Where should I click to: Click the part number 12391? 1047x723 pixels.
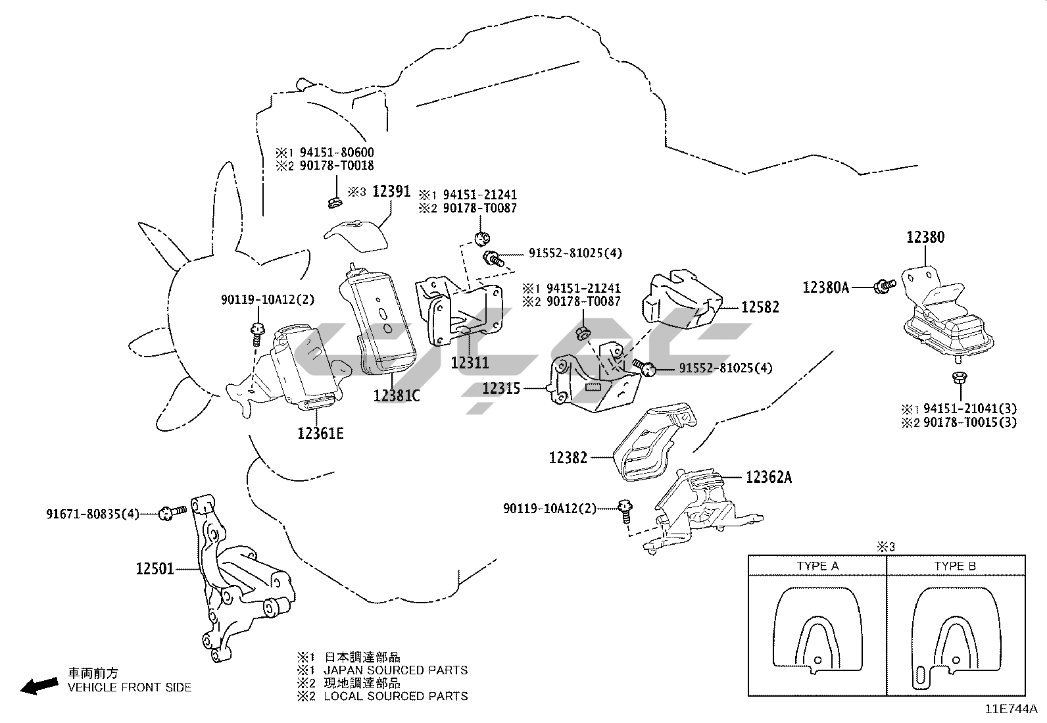click(391, 191)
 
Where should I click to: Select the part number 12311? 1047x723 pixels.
click(470, 362)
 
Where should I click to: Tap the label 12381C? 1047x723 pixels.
click(396, 395)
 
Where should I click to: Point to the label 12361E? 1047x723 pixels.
click(320, 433)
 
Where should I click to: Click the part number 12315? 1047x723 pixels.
click(501, 388)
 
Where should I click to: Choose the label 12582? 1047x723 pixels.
click(760, 307)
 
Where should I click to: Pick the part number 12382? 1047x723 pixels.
click(568, 457)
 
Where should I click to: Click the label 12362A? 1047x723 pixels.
click(769, 478)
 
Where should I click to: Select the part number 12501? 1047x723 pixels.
click(155, 568)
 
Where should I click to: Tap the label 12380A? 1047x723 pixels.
click(826, 287)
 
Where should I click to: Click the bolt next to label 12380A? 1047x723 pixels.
click(884, 286)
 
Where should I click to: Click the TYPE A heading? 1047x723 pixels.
click(817, 566)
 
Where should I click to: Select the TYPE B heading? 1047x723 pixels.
click(955, 566)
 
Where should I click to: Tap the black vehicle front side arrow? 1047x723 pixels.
click(38, 686)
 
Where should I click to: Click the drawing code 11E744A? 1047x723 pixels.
click(1011, 709)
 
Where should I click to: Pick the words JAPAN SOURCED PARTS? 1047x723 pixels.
click(396, 670)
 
